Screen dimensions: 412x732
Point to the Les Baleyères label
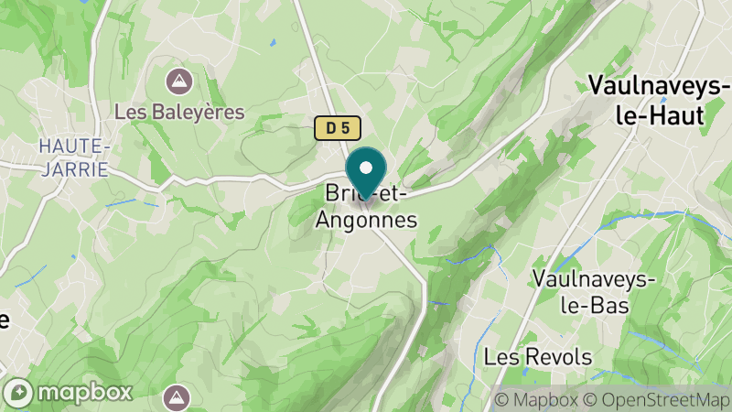tap(179, 112)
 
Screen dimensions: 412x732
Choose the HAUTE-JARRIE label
tap(74, 157)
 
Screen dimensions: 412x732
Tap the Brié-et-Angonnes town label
tap(366, 207)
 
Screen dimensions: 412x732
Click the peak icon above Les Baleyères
tap(179, 81)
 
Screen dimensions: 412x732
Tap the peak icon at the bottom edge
tap(177, 397)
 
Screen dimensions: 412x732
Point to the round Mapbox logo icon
tap(20, 392)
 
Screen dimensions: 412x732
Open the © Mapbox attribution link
tap(535, 399)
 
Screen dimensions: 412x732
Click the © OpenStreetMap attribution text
tap(655, 399)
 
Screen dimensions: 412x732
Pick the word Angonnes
tap(366, 221)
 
